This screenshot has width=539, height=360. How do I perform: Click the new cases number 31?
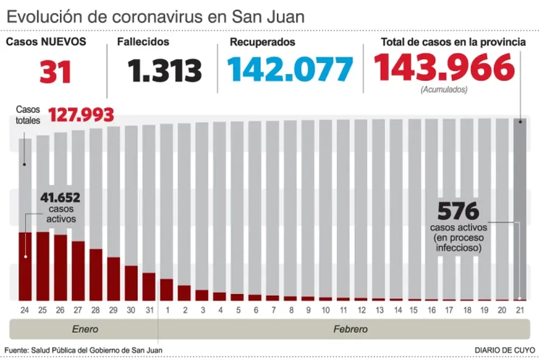[56, 71]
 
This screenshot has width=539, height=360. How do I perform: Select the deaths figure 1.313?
[165, 71]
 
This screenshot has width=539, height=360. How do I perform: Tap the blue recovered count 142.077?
[290, 70]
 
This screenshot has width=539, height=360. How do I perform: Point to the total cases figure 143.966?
[444, 68]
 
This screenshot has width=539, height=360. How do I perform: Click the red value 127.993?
[81, 115]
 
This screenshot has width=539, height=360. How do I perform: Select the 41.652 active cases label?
[60, 198]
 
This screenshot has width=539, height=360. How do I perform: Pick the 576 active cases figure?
[458, 210]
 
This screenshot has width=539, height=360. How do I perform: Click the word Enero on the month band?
[85, 329]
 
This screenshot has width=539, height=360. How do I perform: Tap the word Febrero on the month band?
[350, 329]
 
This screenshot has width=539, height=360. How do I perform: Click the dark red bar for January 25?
[43, 266]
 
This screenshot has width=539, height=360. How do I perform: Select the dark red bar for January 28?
[96, 274]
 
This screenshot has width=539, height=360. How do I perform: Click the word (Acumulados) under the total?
[444, 89]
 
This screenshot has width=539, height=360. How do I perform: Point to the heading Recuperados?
[262, 41]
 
